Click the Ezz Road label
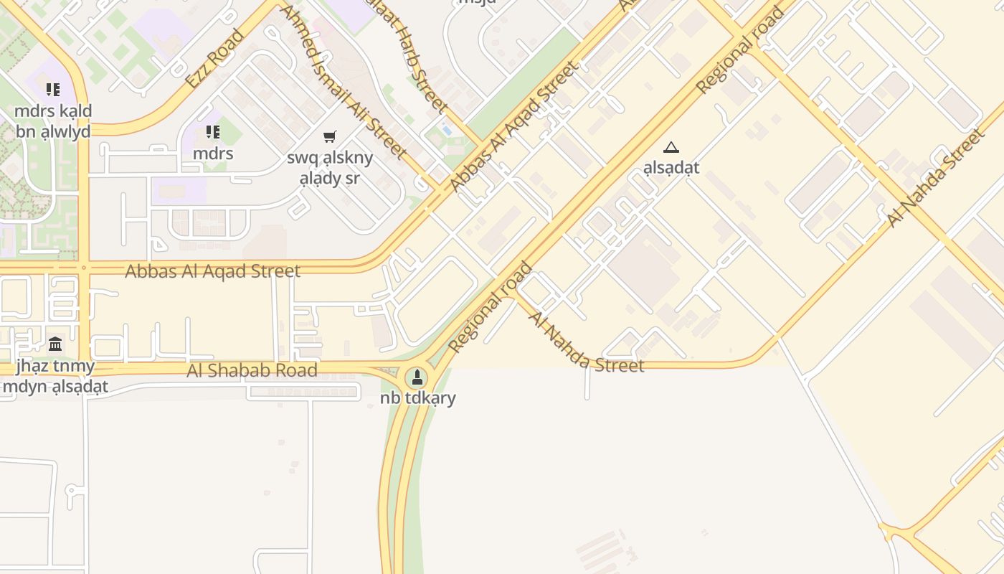pyautogui.click(x=215, y=58)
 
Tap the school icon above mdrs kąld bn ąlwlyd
pyautogui.click(x=53, y=90)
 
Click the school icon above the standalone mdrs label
pyautogui.click(x=213, y=132)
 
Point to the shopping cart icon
pyautogui.click(x=330, y=136)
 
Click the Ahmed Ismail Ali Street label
pyautogui.click(x=342, y=82)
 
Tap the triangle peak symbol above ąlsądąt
pyautogui.click(x=671, y=148)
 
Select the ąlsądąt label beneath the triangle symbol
pyautogui.click(x=671, y=168)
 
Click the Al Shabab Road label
pyautogui.click(x=252, y=370)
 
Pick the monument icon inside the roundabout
pyautogui.click(x=417, y=377)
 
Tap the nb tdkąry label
pyautogui.click(x=418, y=398)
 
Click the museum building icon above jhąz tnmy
pyautogui.click(x=55, y=344)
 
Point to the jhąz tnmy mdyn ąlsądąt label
pyautogui.click(x=55, y=377)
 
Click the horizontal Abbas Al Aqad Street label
pyautogui.click(x=212, y=271)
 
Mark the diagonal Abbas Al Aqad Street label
pyautogui.click(x=513, y=126)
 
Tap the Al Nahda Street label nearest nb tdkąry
pyautogui.click(x=586, y=342)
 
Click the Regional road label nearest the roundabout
pyautogui.click(x=491, y=307)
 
